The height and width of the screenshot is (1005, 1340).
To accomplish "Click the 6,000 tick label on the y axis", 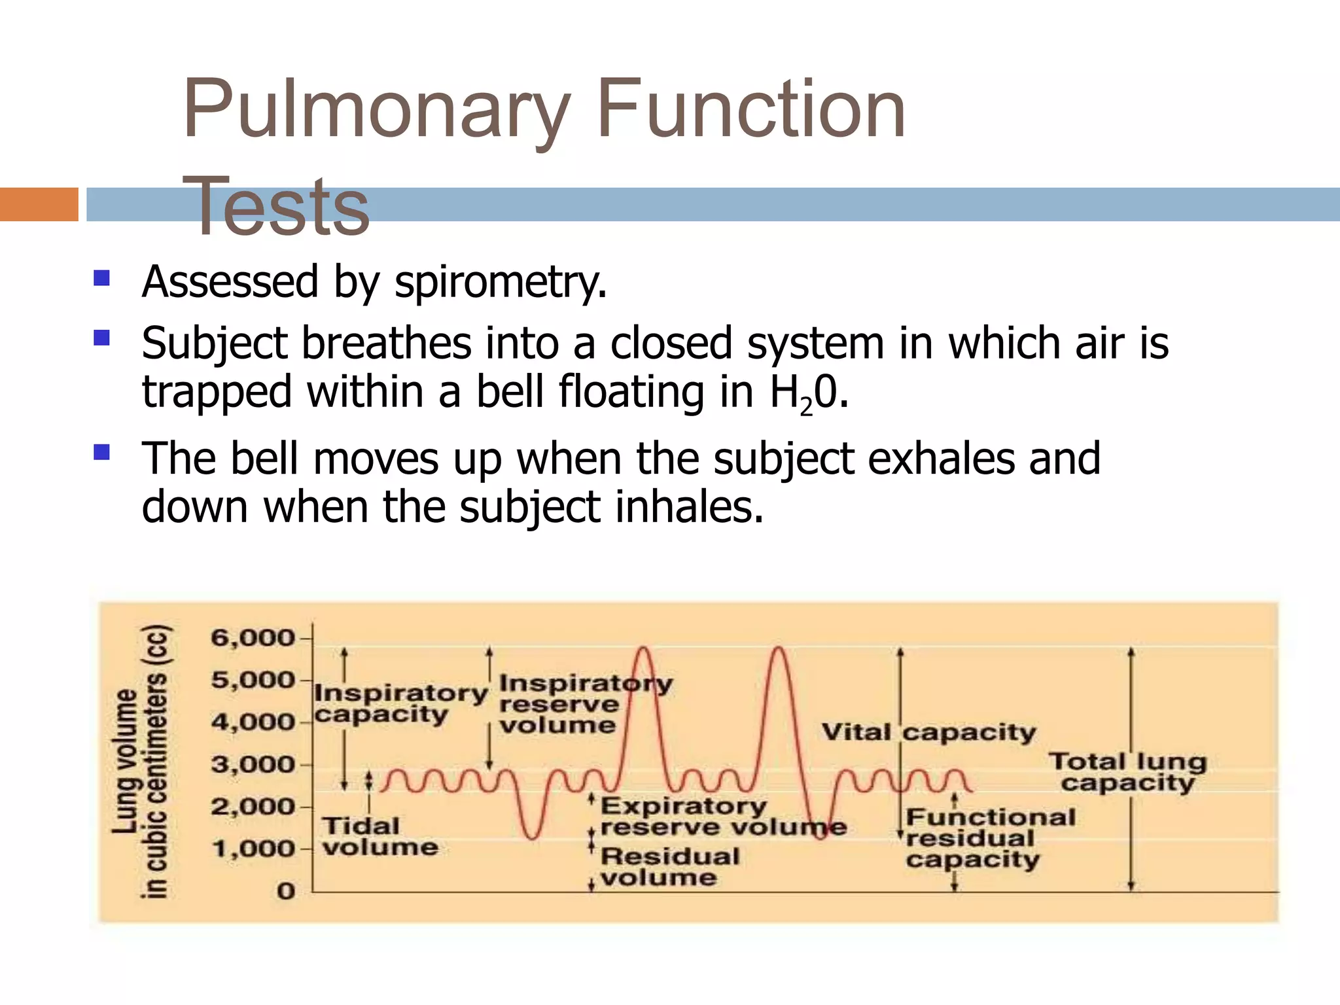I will coord(253,637).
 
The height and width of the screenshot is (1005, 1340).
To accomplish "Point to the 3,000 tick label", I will coord(253,764).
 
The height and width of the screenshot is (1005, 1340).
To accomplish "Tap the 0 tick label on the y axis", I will coord(286,891).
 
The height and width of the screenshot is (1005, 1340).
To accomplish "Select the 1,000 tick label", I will coord(254,849).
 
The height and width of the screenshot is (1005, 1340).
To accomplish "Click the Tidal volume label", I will coord(379,836).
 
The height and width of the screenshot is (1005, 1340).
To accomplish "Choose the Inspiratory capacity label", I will coord(400,703).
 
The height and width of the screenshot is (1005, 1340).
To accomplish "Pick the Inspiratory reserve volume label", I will coord(585,704).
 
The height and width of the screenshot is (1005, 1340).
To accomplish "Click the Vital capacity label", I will coord(928,732).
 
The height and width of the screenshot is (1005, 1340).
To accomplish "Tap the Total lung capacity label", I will coord(1128,772).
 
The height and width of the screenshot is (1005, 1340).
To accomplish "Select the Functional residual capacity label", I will coord(990,838).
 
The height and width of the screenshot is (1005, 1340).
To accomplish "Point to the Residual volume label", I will coord(669,866).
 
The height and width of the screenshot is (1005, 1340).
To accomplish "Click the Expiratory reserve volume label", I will coord(723,817).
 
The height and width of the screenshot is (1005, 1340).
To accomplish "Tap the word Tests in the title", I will coord(277,207).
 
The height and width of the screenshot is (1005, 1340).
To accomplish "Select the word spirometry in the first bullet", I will coord(501,283).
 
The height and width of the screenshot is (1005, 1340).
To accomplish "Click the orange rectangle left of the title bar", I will coord(39,204).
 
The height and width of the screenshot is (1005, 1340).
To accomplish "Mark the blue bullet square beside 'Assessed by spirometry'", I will coord(101,279).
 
